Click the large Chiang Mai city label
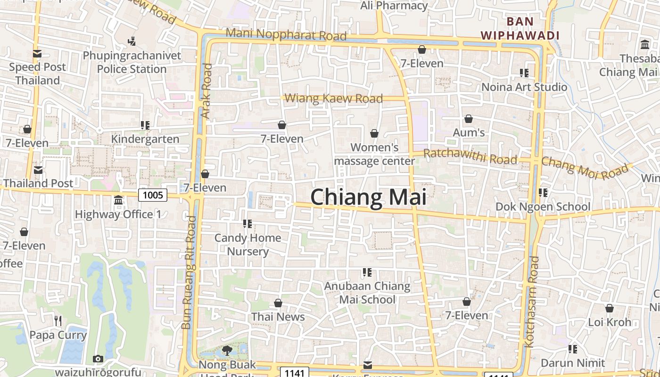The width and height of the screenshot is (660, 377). coord(368,197)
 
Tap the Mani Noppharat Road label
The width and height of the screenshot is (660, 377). coord(286,34)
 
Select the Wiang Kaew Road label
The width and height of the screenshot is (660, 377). coord(334,98)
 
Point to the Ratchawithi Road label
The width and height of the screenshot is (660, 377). coord(470,156)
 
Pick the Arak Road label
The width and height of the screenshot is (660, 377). coord(206,90)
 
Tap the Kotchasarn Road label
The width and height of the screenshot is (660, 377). coord(531,302)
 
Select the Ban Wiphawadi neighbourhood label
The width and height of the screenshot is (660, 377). coord(520,28)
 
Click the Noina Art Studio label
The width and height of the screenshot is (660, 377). coord(524,87)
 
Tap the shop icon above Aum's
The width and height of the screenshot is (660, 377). coord(469,119)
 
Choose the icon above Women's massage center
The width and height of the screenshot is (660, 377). coord(374,133)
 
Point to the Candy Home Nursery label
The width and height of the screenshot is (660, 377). coord(248,244)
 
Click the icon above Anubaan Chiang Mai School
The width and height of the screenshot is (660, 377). coord(367,272)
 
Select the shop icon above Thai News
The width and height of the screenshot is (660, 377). coord(278,303)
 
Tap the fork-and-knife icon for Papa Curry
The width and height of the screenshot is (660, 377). coord(58,321)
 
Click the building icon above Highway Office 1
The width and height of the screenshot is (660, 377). coord(118,200)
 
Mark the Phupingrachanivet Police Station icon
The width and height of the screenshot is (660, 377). coord(132,41)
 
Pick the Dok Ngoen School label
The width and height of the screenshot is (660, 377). coord(543,206)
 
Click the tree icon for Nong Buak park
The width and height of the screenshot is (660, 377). coord(227,350)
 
